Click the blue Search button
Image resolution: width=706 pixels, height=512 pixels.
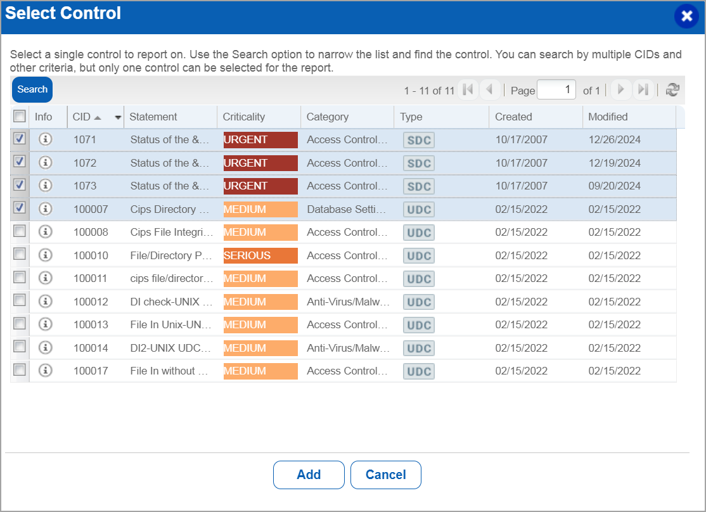click(32, 89)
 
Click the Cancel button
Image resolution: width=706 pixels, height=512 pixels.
click(385, 475)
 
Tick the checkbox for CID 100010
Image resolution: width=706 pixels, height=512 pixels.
click(20, 255)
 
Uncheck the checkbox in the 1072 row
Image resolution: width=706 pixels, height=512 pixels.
click(20, 162)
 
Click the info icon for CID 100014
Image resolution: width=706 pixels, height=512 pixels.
click(45, 347)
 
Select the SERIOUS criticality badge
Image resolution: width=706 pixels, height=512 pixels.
click(260, 256)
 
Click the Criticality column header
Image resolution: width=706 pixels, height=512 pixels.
click(244, 117)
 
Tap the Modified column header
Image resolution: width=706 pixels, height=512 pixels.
click(608, 117)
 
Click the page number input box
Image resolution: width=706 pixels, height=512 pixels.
click(556, 90)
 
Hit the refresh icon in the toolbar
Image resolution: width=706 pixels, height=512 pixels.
click(672, 90)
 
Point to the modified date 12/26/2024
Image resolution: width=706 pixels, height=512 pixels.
click(614, 140)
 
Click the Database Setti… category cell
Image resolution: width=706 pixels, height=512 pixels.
click(346, 209)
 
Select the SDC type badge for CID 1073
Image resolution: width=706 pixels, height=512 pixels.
click(419, 186)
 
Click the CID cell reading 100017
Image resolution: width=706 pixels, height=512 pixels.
click(91, 371)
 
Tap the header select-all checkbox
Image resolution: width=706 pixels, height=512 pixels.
click(20, 116)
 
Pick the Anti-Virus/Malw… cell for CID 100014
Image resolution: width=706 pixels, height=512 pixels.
click(348, 348)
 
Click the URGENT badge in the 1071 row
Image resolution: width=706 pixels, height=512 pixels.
click(260, 140)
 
